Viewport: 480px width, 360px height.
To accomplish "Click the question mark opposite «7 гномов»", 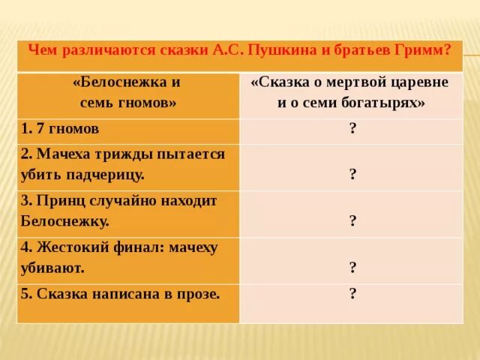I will pos(352,128).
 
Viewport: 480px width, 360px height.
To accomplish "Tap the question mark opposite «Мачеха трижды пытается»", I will pos(352,174).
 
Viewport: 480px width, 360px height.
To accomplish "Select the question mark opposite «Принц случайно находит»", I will pos(352,220).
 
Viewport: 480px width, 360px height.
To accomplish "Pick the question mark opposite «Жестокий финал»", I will pos(352,266).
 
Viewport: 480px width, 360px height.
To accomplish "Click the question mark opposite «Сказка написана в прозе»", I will pos(352,293).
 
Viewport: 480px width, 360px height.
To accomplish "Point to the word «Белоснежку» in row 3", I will pos(65,221).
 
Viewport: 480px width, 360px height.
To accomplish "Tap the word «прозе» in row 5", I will pos(196,294).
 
